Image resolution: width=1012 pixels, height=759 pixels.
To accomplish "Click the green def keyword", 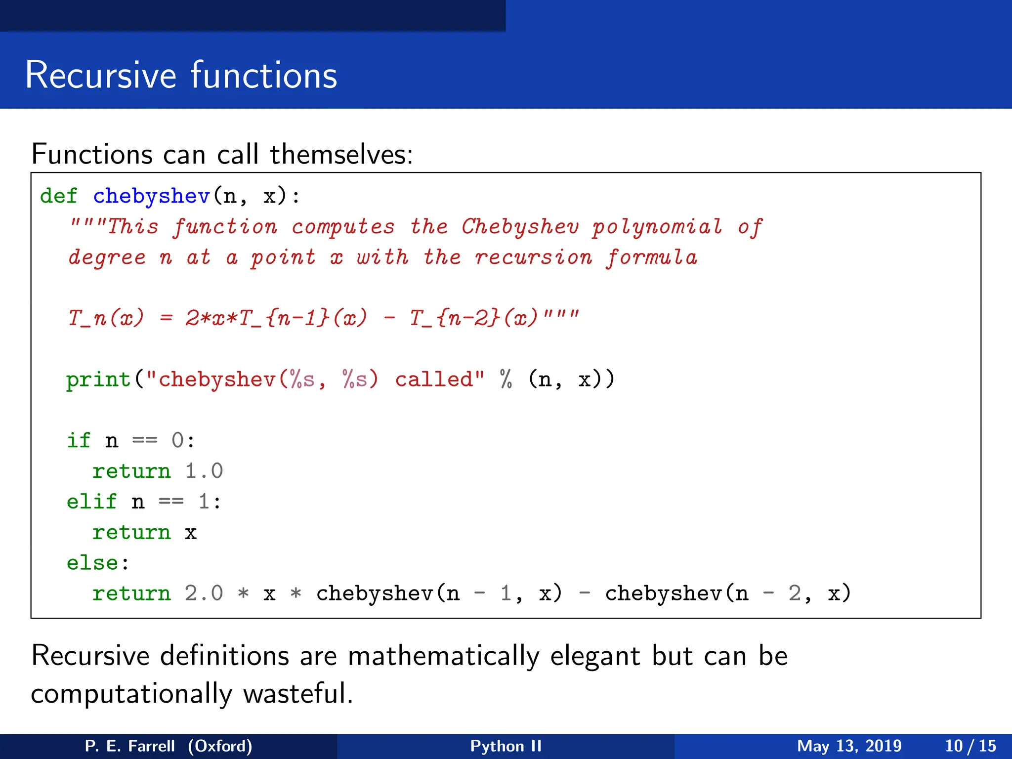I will point(58,196).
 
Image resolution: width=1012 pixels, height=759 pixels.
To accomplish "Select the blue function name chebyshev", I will point(151,196).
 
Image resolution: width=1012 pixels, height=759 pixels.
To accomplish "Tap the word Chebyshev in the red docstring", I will point(519,227).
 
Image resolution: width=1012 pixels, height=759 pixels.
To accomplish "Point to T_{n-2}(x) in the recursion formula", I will point(473,318).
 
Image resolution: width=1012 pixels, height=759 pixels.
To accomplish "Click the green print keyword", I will point(98,379).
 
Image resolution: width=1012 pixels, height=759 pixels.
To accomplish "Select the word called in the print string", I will point(434,379).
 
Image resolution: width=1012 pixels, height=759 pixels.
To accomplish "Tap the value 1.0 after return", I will point(204,471).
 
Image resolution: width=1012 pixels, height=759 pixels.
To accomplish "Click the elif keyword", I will point(91,502).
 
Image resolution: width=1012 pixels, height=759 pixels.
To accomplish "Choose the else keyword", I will point(92,563).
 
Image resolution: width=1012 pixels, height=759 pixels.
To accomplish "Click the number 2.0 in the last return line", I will point(204,593).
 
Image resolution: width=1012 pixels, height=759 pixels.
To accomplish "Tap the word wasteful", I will point(298,693).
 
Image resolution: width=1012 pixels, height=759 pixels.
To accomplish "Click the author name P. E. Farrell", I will point(129,746).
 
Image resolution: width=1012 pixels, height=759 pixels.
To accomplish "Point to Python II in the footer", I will point(506,746).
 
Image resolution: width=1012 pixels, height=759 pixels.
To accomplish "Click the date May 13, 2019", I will point(849,746).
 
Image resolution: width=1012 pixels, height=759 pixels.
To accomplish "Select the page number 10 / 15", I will point(970,746).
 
